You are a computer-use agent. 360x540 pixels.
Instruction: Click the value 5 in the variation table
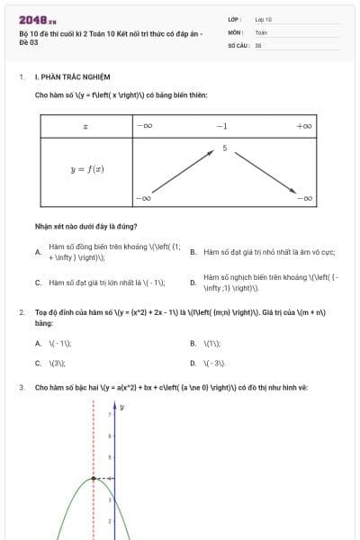[x=224, y=146]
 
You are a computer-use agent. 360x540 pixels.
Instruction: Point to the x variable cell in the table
[x=85, y=126]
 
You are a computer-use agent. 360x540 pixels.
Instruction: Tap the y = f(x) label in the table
[x=85, y=168]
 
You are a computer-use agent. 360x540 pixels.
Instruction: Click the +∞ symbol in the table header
[x=303, y=126]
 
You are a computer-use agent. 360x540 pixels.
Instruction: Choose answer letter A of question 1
[x=38, y=252]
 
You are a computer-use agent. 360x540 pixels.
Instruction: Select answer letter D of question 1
[x=193, y=283]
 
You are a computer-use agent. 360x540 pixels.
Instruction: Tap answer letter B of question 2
[x=193, y=344]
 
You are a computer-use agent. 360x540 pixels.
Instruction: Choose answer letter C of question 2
[x=38, y=364]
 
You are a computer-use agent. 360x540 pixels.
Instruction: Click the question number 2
[x=21, y=312]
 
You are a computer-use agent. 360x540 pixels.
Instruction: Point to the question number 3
[x=21, y=388]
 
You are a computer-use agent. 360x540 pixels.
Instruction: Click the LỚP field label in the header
[x=235, y=18]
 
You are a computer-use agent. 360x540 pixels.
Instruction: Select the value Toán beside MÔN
[x=261, y=31]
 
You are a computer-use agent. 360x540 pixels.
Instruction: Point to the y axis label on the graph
[x=121, y=408]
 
